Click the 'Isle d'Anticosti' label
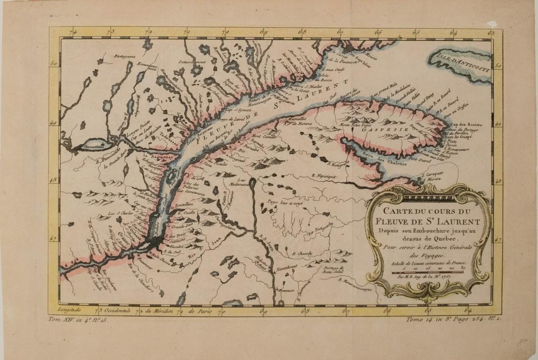(x=460, y=63)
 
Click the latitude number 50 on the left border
(x=55, y=64)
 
